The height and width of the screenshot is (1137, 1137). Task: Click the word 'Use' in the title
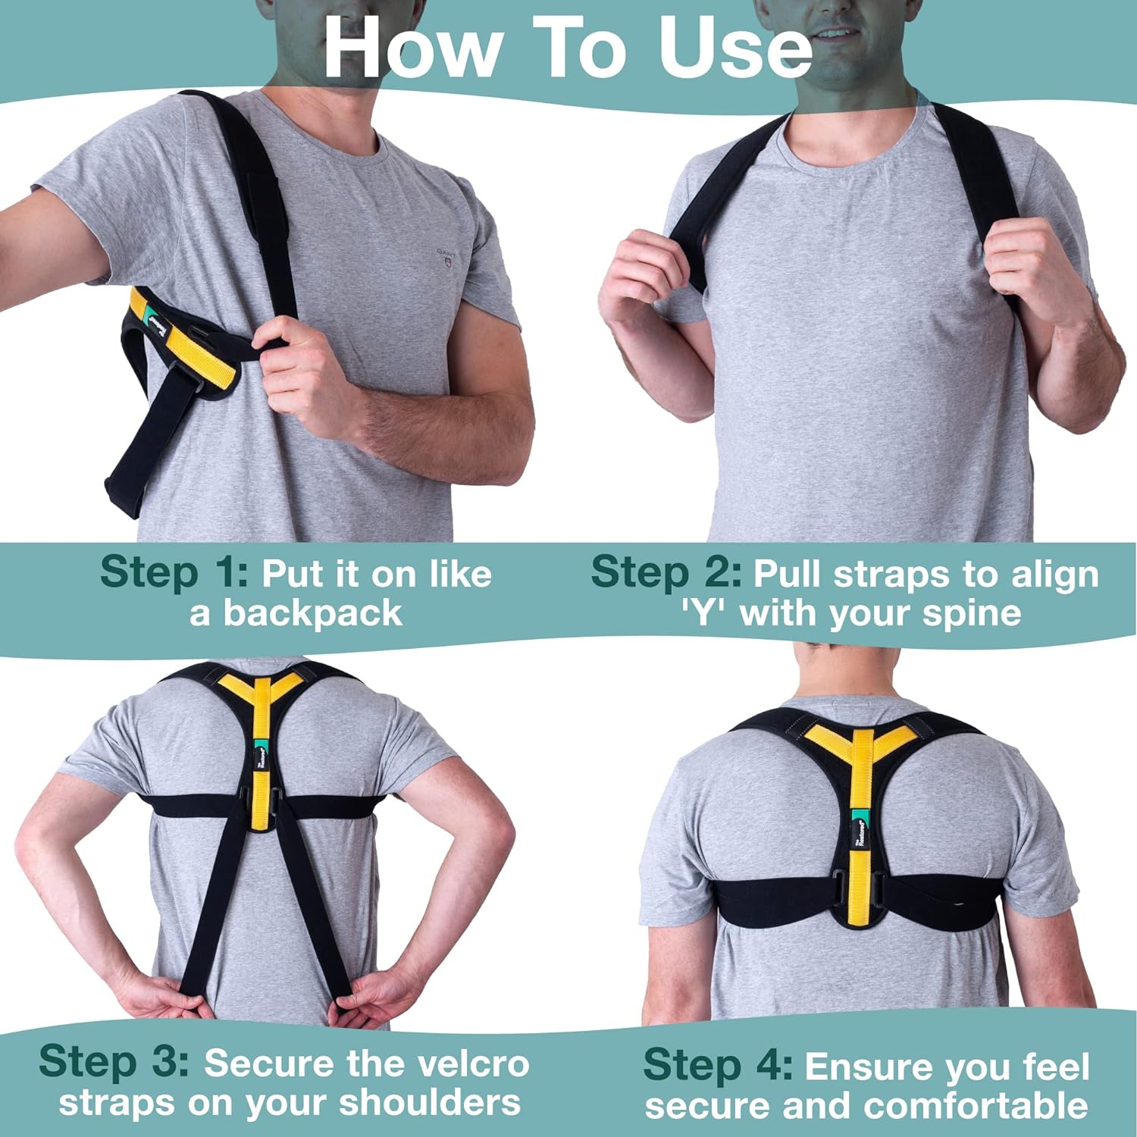[x=735, y=47]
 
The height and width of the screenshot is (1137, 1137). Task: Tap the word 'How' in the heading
[x=413, y=47]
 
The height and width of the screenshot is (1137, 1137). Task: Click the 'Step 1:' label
[x=174, y=572]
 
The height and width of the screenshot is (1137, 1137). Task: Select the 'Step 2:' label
[x=666, y=572]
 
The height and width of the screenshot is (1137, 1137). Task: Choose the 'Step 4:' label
[x=718, y=1065]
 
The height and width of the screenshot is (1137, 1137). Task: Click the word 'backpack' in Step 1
[x=312, y=612]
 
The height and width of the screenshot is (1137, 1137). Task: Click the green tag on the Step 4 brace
[x=860, y=819]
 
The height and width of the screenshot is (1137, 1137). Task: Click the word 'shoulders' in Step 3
[x=431, y=1103]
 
